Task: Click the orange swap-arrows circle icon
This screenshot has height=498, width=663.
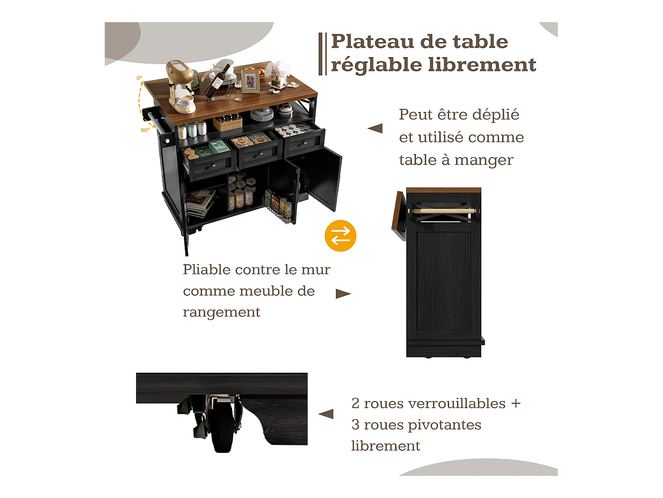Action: (340, 235)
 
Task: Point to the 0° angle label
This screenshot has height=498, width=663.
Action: (139, 78)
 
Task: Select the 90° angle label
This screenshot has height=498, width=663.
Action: (145, 130)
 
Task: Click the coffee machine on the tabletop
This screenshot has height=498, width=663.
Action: (181, 86)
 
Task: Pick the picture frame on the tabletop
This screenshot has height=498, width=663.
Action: (250, 81)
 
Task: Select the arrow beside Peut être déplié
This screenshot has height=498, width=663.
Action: (375, 128)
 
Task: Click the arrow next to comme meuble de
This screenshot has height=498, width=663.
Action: (343, 293)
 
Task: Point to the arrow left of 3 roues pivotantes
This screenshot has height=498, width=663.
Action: (326, 414)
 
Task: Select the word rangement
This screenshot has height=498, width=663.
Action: (221, 313)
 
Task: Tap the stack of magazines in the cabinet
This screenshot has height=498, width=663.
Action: (201, 202)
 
